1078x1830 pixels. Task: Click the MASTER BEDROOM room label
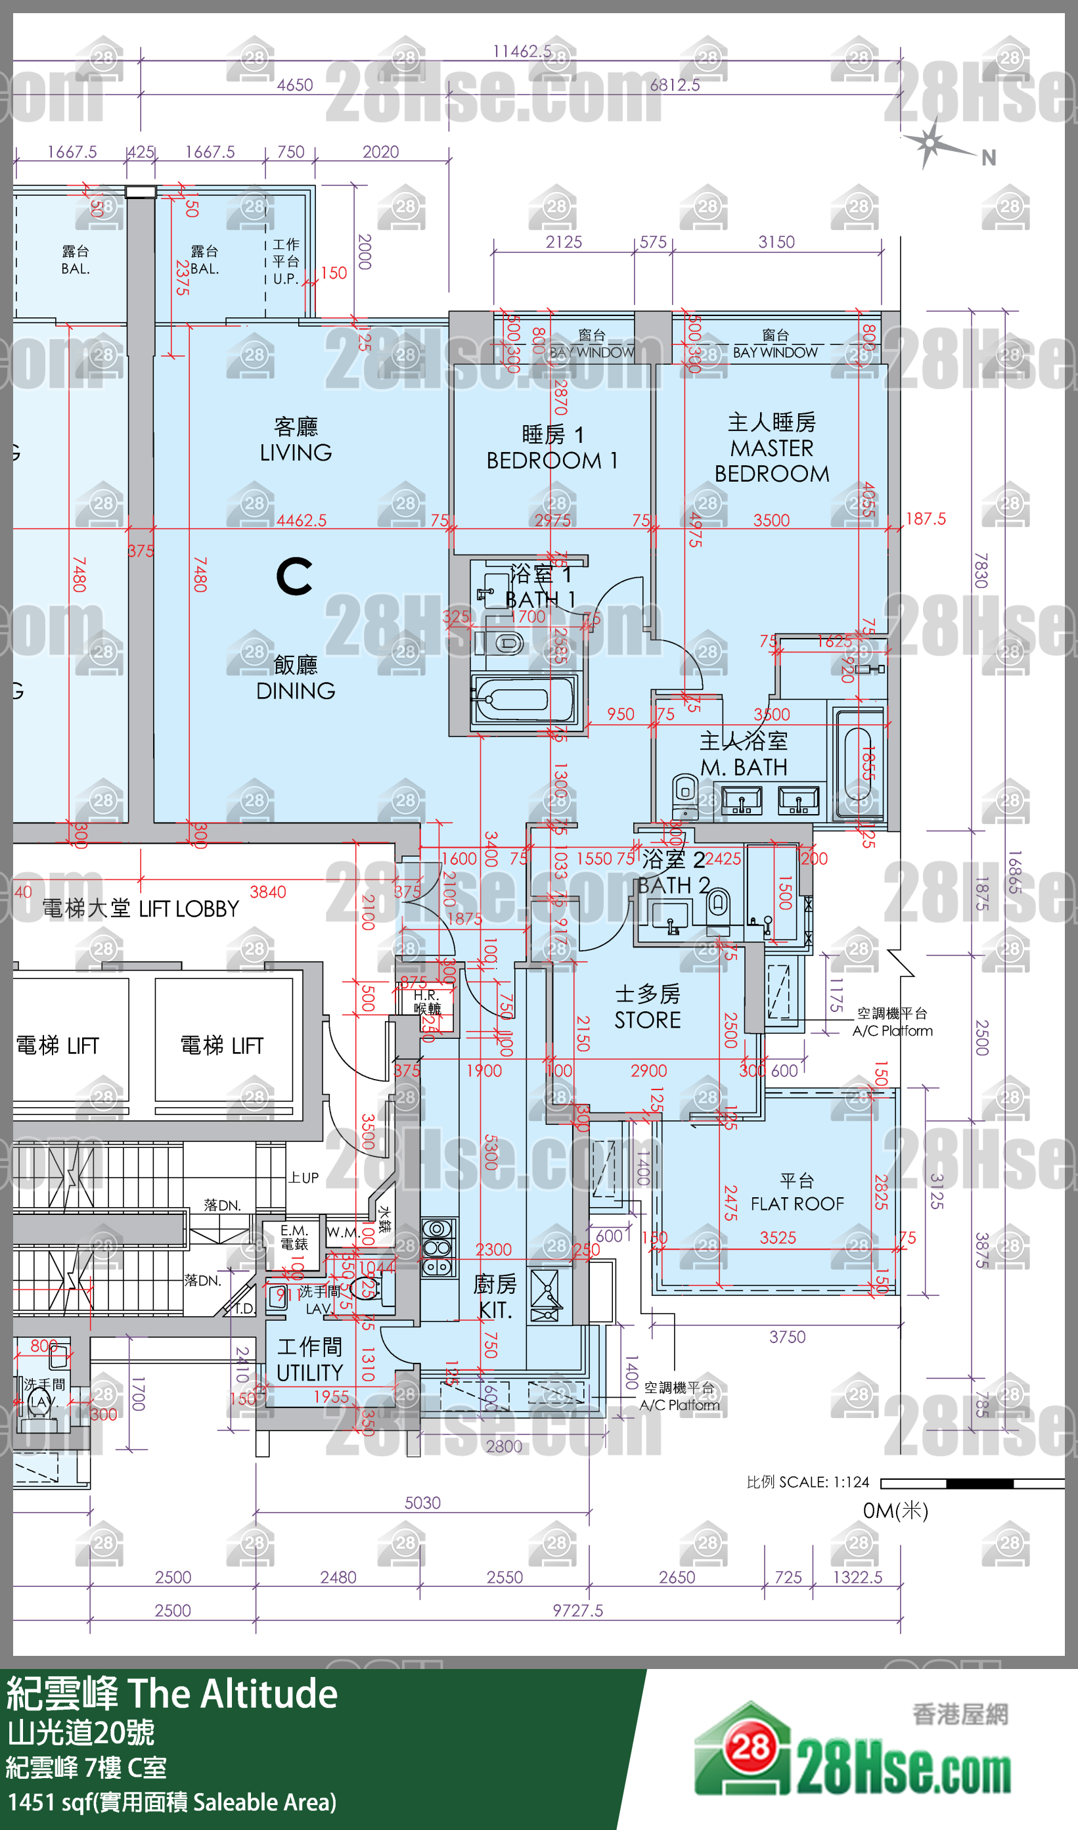[771, 447]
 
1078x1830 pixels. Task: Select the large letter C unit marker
[294, 576]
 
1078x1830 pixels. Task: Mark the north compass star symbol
[931, 143]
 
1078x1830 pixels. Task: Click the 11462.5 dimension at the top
[522, 51]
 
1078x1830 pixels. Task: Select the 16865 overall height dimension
[1014, 872]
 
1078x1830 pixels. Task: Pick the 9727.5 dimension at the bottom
[577, 1611]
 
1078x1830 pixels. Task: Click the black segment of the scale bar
[979, 1484]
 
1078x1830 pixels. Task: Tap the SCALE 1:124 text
[808, 1482]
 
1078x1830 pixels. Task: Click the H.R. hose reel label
[426, 1001]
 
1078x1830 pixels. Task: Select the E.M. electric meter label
[294, 1237]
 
